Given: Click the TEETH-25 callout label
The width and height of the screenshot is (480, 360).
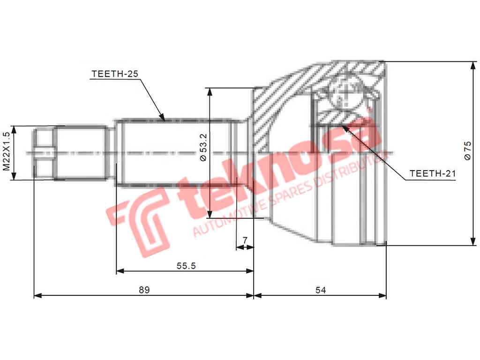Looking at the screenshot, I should click(115, 74).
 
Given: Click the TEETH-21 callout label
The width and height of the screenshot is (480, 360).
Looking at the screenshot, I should click(432, 173).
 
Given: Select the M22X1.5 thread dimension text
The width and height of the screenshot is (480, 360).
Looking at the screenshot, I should click(6, 151).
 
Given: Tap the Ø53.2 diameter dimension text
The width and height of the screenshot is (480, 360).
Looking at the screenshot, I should click(202, 147).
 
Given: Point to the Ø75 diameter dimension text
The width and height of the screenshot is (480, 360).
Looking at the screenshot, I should click(467, 151).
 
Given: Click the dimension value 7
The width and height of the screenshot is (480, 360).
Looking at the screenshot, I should click(245, 240).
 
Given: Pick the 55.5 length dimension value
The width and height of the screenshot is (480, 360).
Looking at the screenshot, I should click(186, 266).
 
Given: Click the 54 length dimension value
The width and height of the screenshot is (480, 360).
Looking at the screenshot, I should click(321, 290).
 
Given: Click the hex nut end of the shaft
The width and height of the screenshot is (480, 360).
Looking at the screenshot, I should click(45, 153).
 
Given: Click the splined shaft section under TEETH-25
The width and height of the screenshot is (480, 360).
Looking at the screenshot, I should click(173, 153).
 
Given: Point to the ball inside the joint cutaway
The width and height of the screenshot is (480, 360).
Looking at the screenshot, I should click(345, 92).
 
